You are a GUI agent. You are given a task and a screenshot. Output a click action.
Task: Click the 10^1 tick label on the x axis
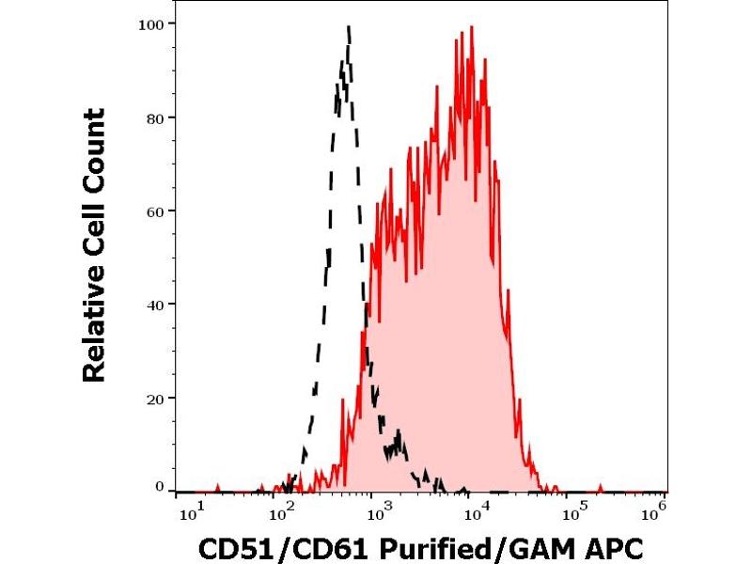pos(189,511)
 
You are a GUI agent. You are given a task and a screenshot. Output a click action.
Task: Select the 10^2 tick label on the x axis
pos(281,511)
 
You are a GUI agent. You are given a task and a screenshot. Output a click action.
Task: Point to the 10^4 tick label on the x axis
pos(478,511)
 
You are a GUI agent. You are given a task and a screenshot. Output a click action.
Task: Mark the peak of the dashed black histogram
pos(349,27)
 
